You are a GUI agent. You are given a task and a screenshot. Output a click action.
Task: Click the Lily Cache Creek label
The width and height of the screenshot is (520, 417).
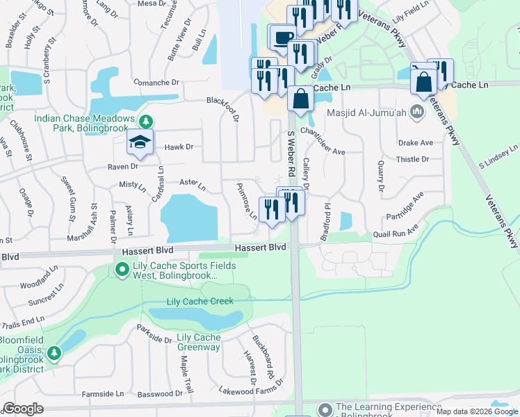point(200,302)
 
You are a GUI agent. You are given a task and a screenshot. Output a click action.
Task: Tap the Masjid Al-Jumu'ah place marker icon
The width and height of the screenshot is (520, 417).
point(417,111)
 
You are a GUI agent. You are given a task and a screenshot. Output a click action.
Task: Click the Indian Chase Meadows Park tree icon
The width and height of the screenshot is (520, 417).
point(145,122)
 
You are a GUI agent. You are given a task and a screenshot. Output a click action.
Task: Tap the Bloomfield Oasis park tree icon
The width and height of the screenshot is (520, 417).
point(54,354)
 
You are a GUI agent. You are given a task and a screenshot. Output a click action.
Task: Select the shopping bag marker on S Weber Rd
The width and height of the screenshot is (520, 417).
point(300,99)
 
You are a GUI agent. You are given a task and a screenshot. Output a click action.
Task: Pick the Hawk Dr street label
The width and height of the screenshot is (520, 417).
point(179,147)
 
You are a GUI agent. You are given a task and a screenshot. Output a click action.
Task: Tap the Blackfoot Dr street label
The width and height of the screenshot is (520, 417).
point(222,101)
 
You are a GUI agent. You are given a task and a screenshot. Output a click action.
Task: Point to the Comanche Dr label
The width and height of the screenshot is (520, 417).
point(156,83)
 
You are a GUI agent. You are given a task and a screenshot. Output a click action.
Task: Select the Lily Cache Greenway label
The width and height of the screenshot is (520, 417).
point(199,343)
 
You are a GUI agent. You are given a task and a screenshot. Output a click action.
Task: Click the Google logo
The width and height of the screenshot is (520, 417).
point(23,409)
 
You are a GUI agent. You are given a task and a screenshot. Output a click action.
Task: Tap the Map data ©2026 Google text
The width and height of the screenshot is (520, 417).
point(476,411)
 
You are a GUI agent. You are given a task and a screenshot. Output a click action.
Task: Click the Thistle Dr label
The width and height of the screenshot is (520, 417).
point(413,159)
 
